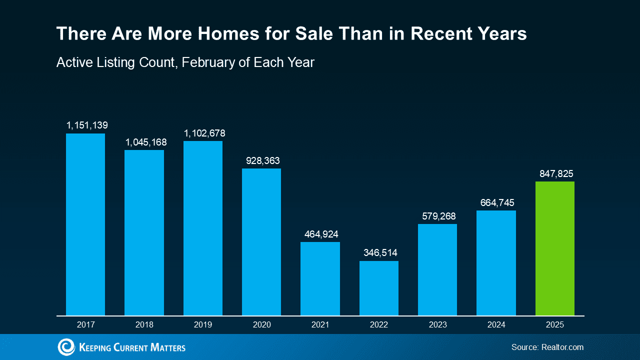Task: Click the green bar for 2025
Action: pos(554,248)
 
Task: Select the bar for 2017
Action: pos(85,224)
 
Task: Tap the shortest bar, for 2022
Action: pos(378,288)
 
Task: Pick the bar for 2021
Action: pos(320,278)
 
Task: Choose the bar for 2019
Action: pos(202,228)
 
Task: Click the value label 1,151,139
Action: pos(87,125)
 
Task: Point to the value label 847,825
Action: pos(556,173)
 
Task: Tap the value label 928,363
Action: pos(262,161)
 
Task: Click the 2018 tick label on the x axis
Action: pos(144,324)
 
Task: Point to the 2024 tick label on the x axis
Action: pos(496,324)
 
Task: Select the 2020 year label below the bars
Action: pos(261,324)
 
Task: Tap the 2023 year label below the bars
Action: pos(437,324)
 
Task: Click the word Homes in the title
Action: pos(222,33)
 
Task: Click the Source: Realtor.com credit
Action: pos(547,347)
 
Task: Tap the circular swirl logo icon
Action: pos(66,347)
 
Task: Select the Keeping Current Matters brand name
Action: pos(132,347)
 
